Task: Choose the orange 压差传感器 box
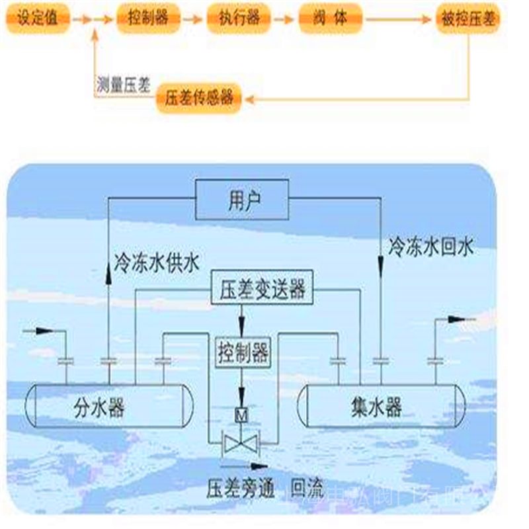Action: (198, 99)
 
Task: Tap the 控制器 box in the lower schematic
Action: (243, 353)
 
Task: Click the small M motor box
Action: (242, 415)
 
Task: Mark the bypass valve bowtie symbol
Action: (242, 442)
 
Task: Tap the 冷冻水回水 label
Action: (431, 248)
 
